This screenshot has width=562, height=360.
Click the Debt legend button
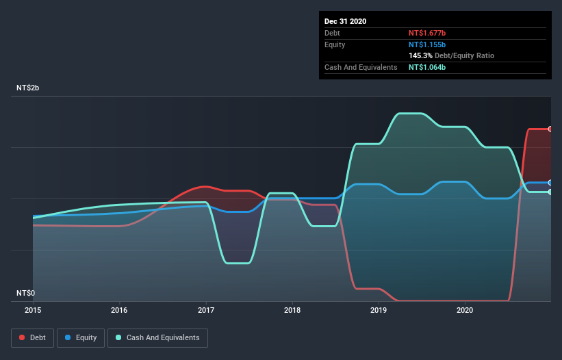[x=31, y=337]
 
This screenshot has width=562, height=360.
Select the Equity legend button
[x=81, y=337]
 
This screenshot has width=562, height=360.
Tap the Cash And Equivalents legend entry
[x=157, y=337]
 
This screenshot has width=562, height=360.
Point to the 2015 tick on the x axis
[x=33, y=310]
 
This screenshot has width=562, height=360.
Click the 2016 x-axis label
[x=119, y=310]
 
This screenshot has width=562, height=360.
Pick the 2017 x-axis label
[x=206, y=310]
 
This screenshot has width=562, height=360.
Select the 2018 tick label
[x=292, y=310]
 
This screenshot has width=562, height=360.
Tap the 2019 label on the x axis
[x=379, y=310]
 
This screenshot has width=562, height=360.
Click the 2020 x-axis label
[x=465, y=310]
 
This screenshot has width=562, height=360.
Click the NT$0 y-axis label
[x=25, y=293]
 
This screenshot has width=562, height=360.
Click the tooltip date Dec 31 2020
[x=346, y=21]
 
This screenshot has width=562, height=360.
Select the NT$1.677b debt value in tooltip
[x=427, y=33]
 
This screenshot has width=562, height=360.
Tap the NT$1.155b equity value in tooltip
[x=427, y=44]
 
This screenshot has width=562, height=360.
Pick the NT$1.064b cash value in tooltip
[x=427, y=67]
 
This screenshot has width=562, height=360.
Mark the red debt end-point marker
[x=550, y=129]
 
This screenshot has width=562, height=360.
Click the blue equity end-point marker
[x=550, y=183]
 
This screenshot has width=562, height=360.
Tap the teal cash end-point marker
[x=550, y=192]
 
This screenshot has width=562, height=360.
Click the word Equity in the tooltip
[x=335, y=44]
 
